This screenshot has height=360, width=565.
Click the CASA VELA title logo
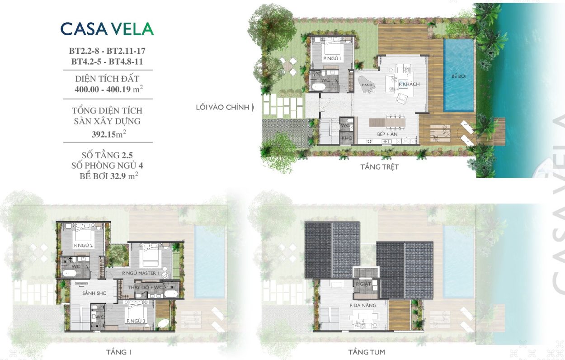point(107,29)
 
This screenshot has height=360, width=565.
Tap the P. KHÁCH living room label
point(409,84)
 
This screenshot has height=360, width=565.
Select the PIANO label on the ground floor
point(367,85)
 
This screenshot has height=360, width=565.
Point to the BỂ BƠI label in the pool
point(459,76)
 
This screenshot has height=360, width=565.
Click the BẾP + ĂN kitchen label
point(387,134)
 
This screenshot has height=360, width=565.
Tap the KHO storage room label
point(347,138)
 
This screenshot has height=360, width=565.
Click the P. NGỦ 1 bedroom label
point(332,59)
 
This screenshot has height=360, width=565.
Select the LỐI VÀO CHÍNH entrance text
point(223,107)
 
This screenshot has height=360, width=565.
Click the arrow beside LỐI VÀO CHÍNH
point(253,108)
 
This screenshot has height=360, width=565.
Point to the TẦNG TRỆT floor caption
point(379,167)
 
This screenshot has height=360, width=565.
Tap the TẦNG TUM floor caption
point(367,352)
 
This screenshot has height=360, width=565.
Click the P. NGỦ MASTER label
point(141,273)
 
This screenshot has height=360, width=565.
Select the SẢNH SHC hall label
point(94,294)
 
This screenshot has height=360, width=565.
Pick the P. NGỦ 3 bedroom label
point(136,321)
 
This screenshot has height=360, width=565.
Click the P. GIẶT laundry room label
point(363,284)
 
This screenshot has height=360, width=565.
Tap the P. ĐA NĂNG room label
point(363,305)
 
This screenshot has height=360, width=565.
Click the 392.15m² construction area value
point(109,133)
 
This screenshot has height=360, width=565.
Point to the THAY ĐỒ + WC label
point(145,288)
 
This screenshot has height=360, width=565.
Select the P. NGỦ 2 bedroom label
point(84,246)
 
